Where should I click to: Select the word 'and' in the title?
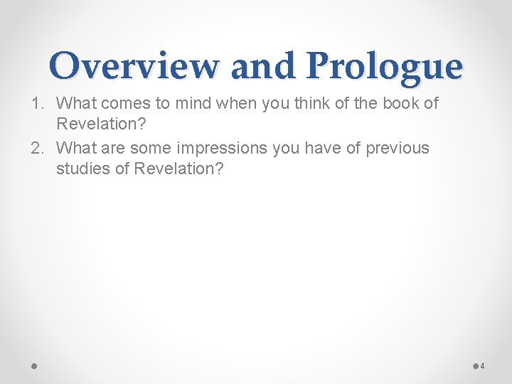point(262,66)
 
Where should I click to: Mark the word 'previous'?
point(398,149)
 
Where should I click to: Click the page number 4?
point(482,366)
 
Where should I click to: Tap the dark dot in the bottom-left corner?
point(33,366)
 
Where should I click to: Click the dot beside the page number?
point(474,366)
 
